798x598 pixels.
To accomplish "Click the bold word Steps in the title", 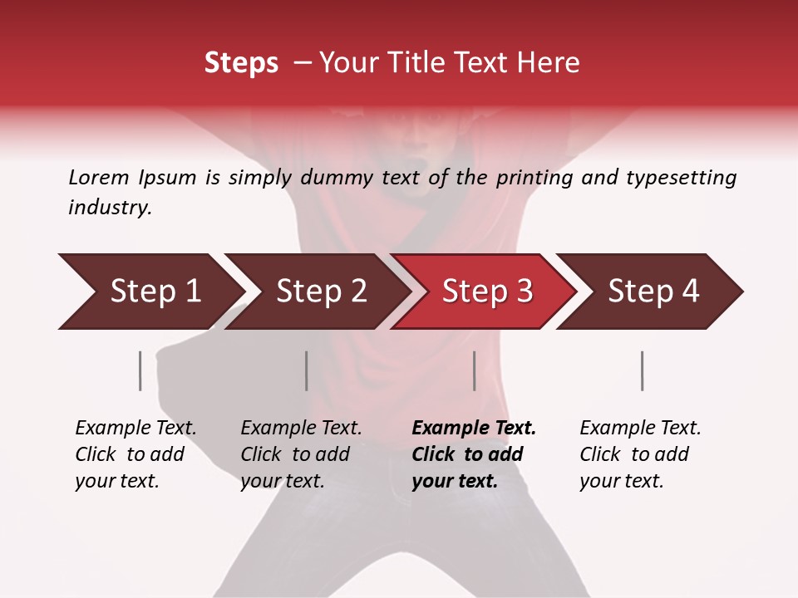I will [x=241, y=62].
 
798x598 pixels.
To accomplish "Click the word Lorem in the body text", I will [x=99, y=177].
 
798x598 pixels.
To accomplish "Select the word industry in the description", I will [x=109, y=208].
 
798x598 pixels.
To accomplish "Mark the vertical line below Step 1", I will [x=140, y=370].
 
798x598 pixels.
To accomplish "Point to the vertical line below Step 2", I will [x=307, y=370].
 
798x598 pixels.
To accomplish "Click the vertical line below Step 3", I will [x=475, y=370].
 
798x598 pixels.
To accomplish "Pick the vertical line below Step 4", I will [x=643, y=370].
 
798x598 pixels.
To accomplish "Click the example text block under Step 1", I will [x=135, y=454].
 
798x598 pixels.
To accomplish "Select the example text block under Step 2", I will [x=301, y=454].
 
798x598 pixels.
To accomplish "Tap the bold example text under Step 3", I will [x=474, y=454].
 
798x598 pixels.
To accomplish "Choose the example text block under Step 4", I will [x=640, y=454].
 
